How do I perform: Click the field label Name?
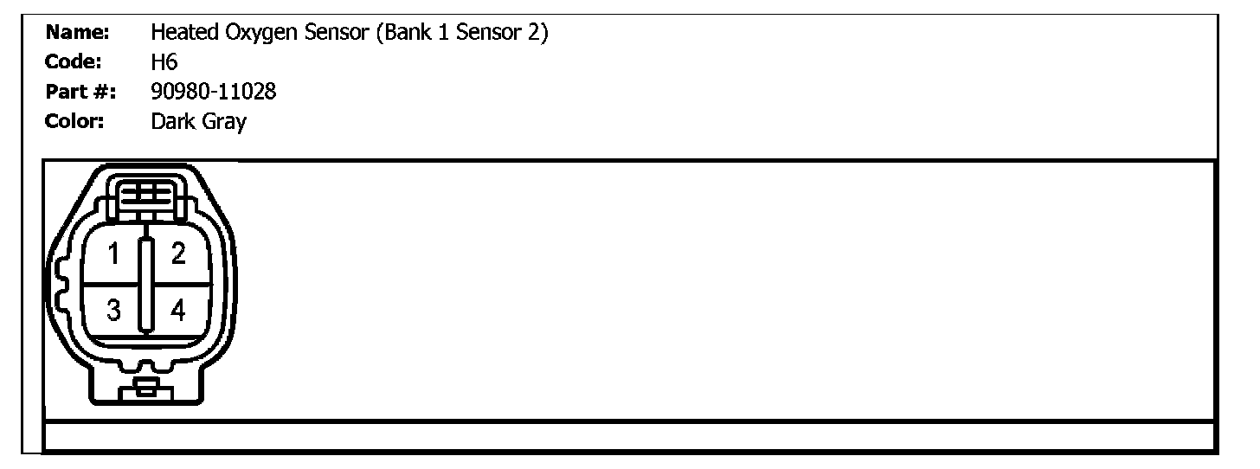click(76, 34)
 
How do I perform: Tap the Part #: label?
click(81, 92)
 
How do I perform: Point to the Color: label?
click(74, 121)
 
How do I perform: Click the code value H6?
click(164, 62)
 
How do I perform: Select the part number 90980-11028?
click(213, 92)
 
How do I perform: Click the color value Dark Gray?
click(198, 122)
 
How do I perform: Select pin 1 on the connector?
click(113, 254)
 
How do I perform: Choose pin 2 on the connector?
click(178, 254)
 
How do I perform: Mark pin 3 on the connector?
click(113, 309)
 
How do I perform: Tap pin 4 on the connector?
click(178, 309)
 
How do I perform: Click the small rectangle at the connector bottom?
click(145, 389)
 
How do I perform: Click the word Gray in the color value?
click(224, 122)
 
